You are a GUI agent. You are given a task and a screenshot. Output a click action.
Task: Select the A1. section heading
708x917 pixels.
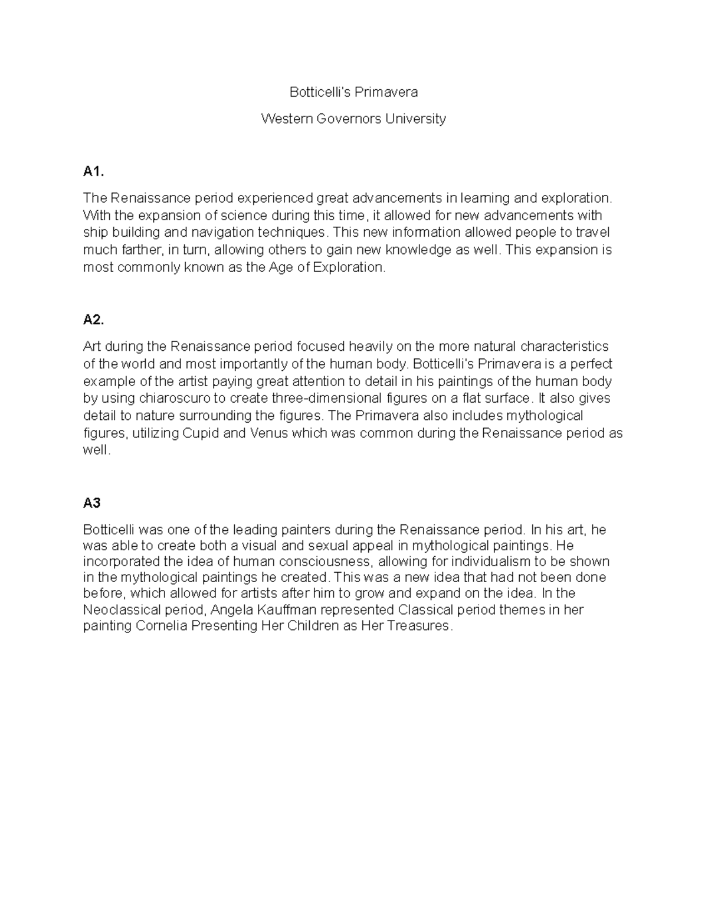[93, 172]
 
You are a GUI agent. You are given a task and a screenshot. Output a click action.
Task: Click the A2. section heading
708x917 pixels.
[93, 320]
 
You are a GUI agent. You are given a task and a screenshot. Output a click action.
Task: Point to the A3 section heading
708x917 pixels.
[91, 503]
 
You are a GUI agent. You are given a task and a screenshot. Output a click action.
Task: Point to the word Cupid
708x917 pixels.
[201, 433]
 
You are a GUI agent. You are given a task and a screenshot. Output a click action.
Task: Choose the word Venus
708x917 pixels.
[269, 433]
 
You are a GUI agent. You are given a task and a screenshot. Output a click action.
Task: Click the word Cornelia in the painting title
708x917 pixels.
[162, 626]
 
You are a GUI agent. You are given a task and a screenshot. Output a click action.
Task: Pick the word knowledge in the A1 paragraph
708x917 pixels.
[411, 250]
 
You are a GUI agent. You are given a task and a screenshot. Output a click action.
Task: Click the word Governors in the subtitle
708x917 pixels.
[349, 119]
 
